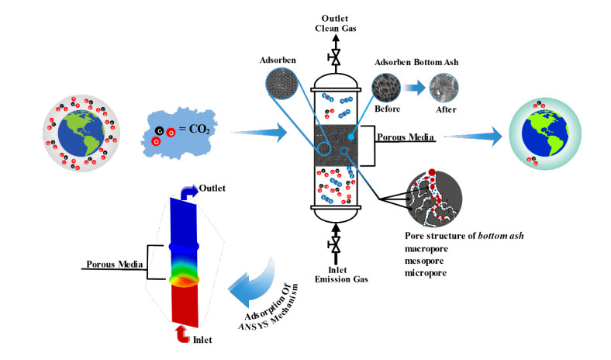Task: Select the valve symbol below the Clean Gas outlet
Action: coord(336,58)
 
